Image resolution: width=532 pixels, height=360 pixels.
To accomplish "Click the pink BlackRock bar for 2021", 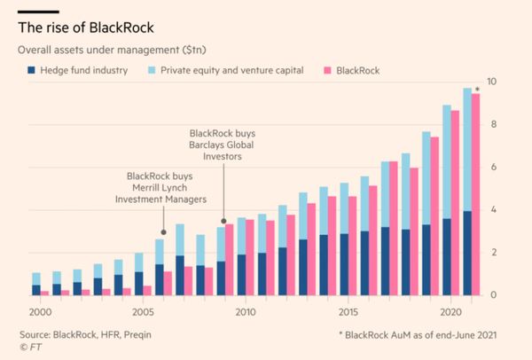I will coord(475,195).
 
